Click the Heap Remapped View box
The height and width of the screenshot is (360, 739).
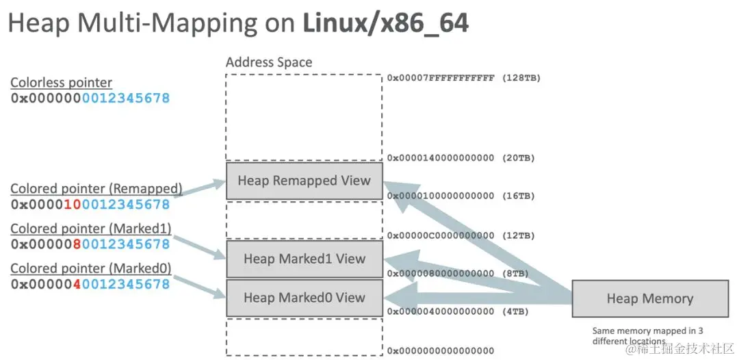304,181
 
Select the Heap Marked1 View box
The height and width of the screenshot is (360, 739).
304,259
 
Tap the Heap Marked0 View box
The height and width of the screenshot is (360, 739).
304,298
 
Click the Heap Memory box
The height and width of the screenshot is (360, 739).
649,298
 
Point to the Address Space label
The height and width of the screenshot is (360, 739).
269,62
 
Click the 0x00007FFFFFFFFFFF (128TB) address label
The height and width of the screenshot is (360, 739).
463,78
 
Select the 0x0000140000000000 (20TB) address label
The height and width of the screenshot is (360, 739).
461,158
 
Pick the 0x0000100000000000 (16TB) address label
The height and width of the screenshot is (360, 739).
461,196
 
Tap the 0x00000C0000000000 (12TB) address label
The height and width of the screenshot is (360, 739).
461,235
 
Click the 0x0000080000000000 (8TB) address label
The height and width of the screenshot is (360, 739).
458,274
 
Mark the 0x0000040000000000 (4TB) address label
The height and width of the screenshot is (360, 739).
458,311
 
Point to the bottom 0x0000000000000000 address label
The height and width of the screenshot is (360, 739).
440,351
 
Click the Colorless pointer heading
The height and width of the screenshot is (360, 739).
61,83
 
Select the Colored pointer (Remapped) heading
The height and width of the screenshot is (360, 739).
96,188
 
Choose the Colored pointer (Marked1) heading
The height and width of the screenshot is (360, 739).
90,229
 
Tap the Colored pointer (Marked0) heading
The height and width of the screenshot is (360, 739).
90,268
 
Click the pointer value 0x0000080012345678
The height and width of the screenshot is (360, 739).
90,244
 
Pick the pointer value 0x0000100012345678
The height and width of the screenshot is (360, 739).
90,204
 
